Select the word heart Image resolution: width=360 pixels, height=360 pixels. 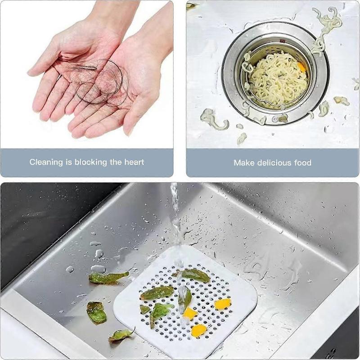(134, 162)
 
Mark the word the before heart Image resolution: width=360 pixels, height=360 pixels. (115, 162)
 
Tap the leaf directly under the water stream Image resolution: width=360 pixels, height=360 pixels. (184, 297)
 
